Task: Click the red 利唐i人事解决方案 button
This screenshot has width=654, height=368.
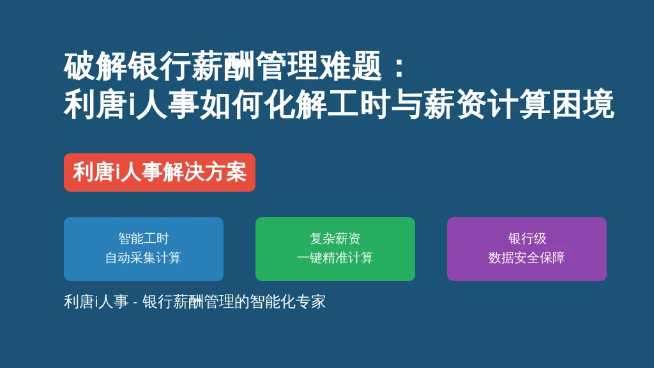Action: pos(159,172)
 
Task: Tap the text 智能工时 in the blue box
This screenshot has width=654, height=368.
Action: pos(144,239)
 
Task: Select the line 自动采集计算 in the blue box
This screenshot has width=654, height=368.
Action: pos(144,258)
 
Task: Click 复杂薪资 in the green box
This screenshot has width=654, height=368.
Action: pos(335,239)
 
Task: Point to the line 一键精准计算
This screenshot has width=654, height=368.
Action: pos(335,258)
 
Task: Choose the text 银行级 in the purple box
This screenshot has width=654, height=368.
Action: pos(527,239)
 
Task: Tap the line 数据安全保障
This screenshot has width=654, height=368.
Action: pos(527,258)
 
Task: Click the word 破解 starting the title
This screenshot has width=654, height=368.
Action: pos(96,66)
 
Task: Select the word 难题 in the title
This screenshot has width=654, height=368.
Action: pos(350,66)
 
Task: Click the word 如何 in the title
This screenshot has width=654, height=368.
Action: pos(232,103)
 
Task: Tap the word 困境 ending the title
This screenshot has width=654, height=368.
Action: pos(583,103)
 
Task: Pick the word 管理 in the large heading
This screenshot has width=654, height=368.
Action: pos(287,66)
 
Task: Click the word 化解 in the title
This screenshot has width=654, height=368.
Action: pos(296,103)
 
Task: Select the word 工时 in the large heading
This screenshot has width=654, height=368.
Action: pos(360,103)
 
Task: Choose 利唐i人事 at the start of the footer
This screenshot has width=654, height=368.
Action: pos(96,302)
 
